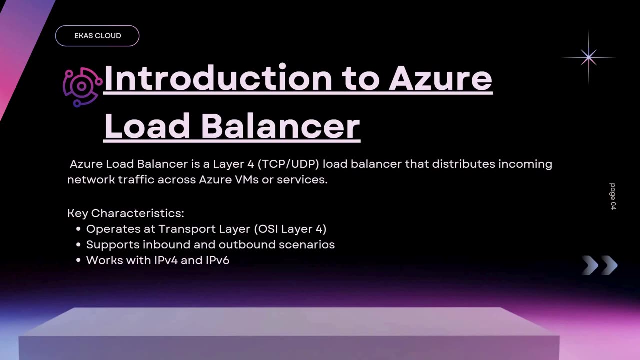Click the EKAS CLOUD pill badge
click(97, 36)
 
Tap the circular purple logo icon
click(82, 87)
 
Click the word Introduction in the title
click(218, 78)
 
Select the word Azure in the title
click(440, 78)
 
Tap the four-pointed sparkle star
click(589, 57)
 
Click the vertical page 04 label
click(613, 196)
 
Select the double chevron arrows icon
click(600, 265)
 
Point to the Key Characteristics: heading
click(126, 213)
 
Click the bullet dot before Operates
click(78, 229)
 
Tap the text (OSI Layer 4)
click(290, 229)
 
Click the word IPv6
click(217, 260)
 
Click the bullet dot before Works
click(78, 260)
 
